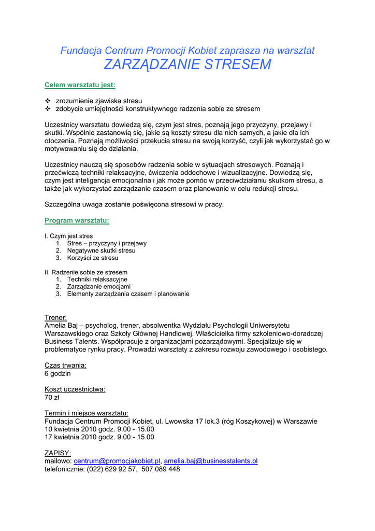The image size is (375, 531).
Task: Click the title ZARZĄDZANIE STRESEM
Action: (x=187, y=65)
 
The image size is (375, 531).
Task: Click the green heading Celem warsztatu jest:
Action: (x=80, y=85)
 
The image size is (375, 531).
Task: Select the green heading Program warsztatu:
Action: (x=77, y=220)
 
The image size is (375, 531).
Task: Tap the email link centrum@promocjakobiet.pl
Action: (x=118, y=461)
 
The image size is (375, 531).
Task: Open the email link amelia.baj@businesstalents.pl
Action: (x=211, y=461)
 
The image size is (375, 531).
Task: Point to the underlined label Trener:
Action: (x=55, y=317)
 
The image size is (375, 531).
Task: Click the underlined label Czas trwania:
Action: (x=65, y=365)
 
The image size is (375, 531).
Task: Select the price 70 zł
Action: (x=52, y=398)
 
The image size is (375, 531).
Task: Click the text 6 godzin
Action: (x=57, y=373)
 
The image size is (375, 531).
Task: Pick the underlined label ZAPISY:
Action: (x=57, y=453)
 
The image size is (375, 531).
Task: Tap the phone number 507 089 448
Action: (x=161, y=469)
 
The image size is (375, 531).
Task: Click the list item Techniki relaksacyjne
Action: (x=97, y=280)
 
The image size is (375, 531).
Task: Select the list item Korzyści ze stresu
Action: (x=93, y=258)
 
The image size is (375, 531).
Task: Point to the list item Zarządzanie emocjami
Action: (x=98, y=287)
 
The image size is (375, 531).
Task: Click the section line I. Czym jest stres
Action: (x=69, y=236)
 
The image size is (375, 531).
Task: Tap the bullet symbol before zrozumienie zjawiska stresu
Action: (x=47, y=101)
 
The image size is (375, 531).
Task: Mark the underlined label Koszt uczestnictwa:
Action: (x=75, y=389)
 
